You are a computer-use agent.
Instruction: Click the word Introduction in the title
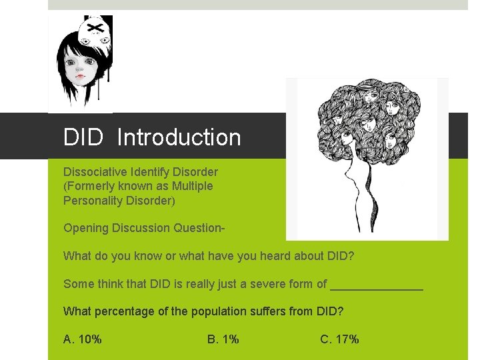(x=179, y=137)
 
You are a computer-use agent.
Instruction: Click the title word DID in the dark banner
(x=83, y=137)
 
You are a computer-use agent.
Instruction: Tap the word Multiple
(x=190, y=186)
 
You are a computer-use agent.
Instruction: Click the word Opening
(x=85, y=228)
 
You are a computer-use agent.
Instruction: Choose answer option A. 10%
(x=83, y=339)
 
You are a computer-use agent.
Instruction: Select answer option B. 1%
(x=223, y=339)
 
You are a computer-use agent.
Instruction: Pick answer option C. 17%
(x=339, y=339)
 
